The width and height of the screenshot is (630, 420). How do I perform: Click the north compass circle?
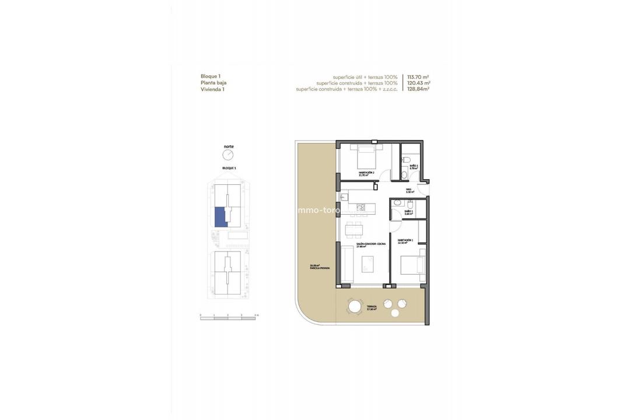tap(228, 155)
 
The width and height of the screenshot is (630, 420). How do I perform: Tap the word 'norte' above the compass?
tap(228, 146)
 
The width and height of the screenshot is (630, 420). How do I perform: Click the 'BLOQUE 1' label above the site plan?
tap(229, 167)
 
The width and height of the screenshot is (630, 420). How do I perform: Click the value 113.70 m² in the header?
tap(418, 77)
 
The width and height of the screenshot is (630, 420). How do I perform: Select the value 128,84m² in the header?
tap(418, 90)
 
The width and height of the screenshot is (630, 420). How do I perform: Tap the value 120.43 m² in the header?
tap(418, 83)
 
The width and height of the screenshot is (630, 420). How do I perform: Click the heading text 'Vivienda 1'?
tap(212, 90)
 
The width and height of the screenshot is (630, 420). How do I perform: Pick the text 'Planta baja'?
tap(213, 83)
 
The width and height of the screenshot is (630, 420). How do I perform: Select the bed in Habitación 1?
tap(412, 265)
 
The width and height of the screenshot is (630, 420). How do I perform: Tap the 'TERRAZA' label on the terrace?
tap(372, 307)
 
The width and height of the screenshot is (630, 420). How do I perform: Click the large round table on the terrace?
tap(355, 306)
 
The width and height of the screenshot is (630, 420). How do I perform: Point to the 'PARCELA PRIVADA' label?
tap(320, 268)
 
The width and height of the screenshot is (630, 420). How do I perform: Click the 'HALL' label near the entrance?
tap(409, 190)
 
